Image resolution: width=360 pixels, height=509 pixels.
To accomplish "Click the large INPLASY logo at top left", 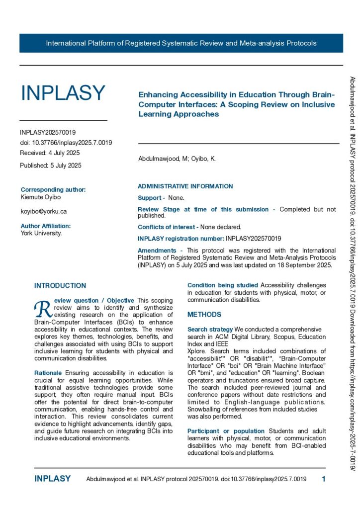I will [63, 93].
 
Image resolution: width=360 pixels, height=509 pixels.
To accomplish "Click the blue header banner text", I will [181, 43].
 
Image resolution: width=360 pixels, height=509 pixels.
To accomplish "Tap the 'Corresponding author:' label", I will [53, 189].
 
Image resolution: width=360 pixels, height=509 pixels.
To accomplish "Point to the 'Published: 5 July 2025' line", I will [51, 165].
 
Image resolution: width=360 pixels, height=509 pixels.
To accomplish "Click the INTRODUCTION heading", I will [60, 286].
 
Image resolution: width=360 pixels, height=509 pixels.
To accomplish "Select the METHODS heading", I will [204, 315].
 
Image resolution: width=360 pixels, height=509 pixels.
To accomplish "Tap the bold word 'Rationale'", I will [48, 373].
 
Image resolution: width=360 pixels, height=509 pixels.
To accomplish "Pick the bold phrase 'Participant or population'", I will [226, 431].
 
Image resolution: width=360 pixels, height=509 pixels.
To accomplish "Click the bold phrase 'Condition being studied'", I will [223, 285].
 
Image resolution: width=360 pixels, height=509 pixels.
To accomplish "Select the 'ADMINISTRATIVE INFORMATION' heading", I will [185, 186].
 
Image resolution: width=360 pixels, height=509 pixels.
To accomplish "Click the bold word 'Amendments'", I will [157, 251].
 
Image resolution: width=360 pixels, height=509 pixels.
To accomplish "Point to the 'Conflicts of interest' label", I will [167, 227].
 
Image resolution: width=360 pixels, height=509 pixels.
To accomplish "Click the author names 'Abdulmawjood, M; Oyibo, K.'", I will [177, 159].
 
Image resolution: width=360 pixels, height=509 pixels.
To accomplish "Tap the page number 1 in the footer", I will [324, 479].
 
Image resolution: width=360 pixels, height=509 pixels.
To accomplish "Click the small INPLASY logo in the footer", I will [53, 479].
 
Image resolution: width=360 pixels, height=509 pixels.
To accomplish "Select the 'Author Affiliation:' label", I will [46, 226].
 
